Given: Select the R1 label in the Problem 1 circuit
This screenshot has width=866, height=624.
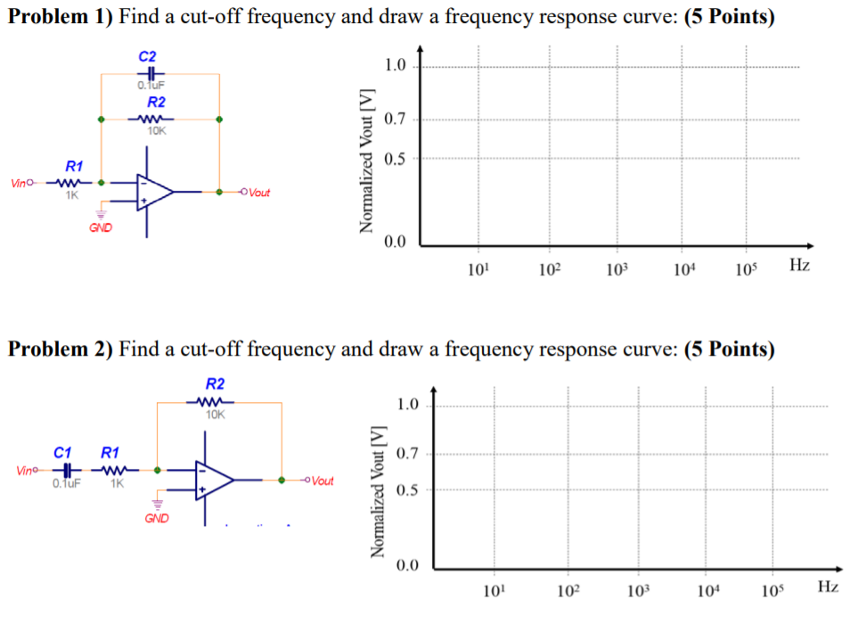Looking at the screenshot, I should coord(74,166).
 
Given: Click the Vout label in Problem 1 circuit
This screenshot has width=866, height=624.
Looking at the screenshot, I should coord(260,193).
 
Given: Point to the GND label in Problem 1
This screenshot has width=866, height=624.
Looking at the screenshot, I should coord(100,228).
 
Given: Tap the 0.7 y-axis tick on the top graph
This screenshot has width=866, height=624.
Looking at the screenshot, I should coord(395,119).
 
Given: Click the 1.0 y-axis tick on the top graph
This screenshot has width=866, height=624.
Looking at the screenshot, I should coord(395,65).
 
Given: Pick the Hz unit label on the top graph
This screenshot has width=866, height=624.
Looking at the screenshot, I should coord(799,266).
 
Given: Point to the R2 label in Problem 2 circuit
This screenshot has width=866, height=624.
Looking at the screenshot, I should coord(215,384).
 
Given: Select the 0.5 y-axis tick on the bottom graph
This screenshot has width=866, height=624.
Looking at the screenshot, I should coord(405,489).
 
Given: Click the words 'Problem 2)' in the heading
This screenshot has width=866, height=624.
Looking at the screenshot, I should coord(60,349).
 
